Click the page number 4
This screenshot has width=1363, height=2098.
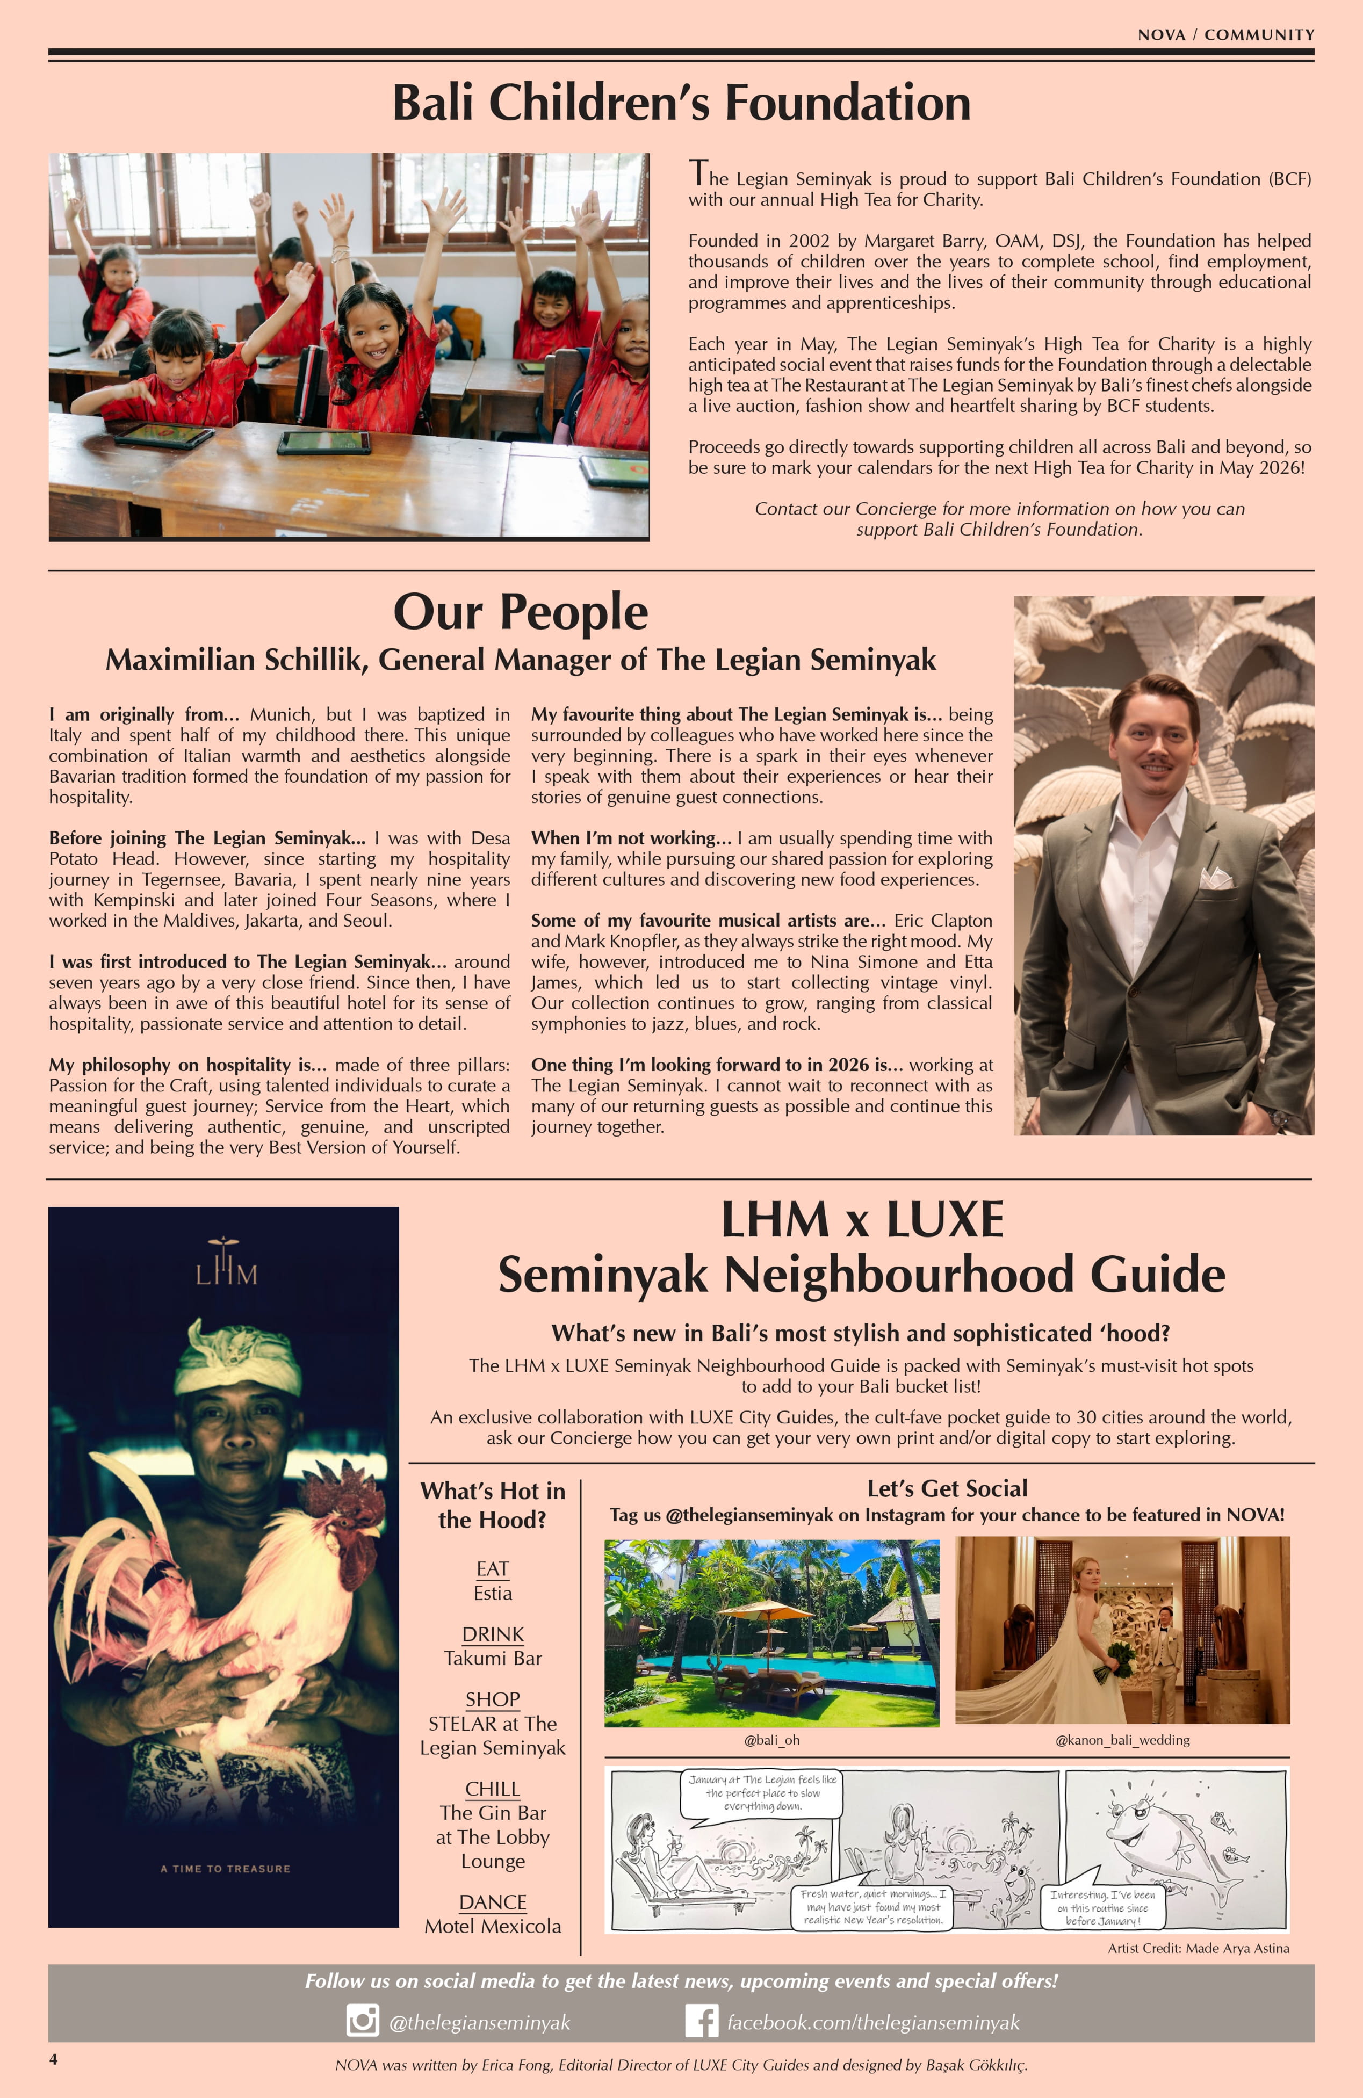[54, 2058]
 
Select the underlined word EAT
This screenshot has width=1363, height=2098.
[492, 1568]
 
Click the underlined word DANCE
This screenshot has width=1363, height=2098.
[492, 1901]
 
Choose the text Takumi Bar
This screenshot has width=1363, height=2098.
[492, 1658]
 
